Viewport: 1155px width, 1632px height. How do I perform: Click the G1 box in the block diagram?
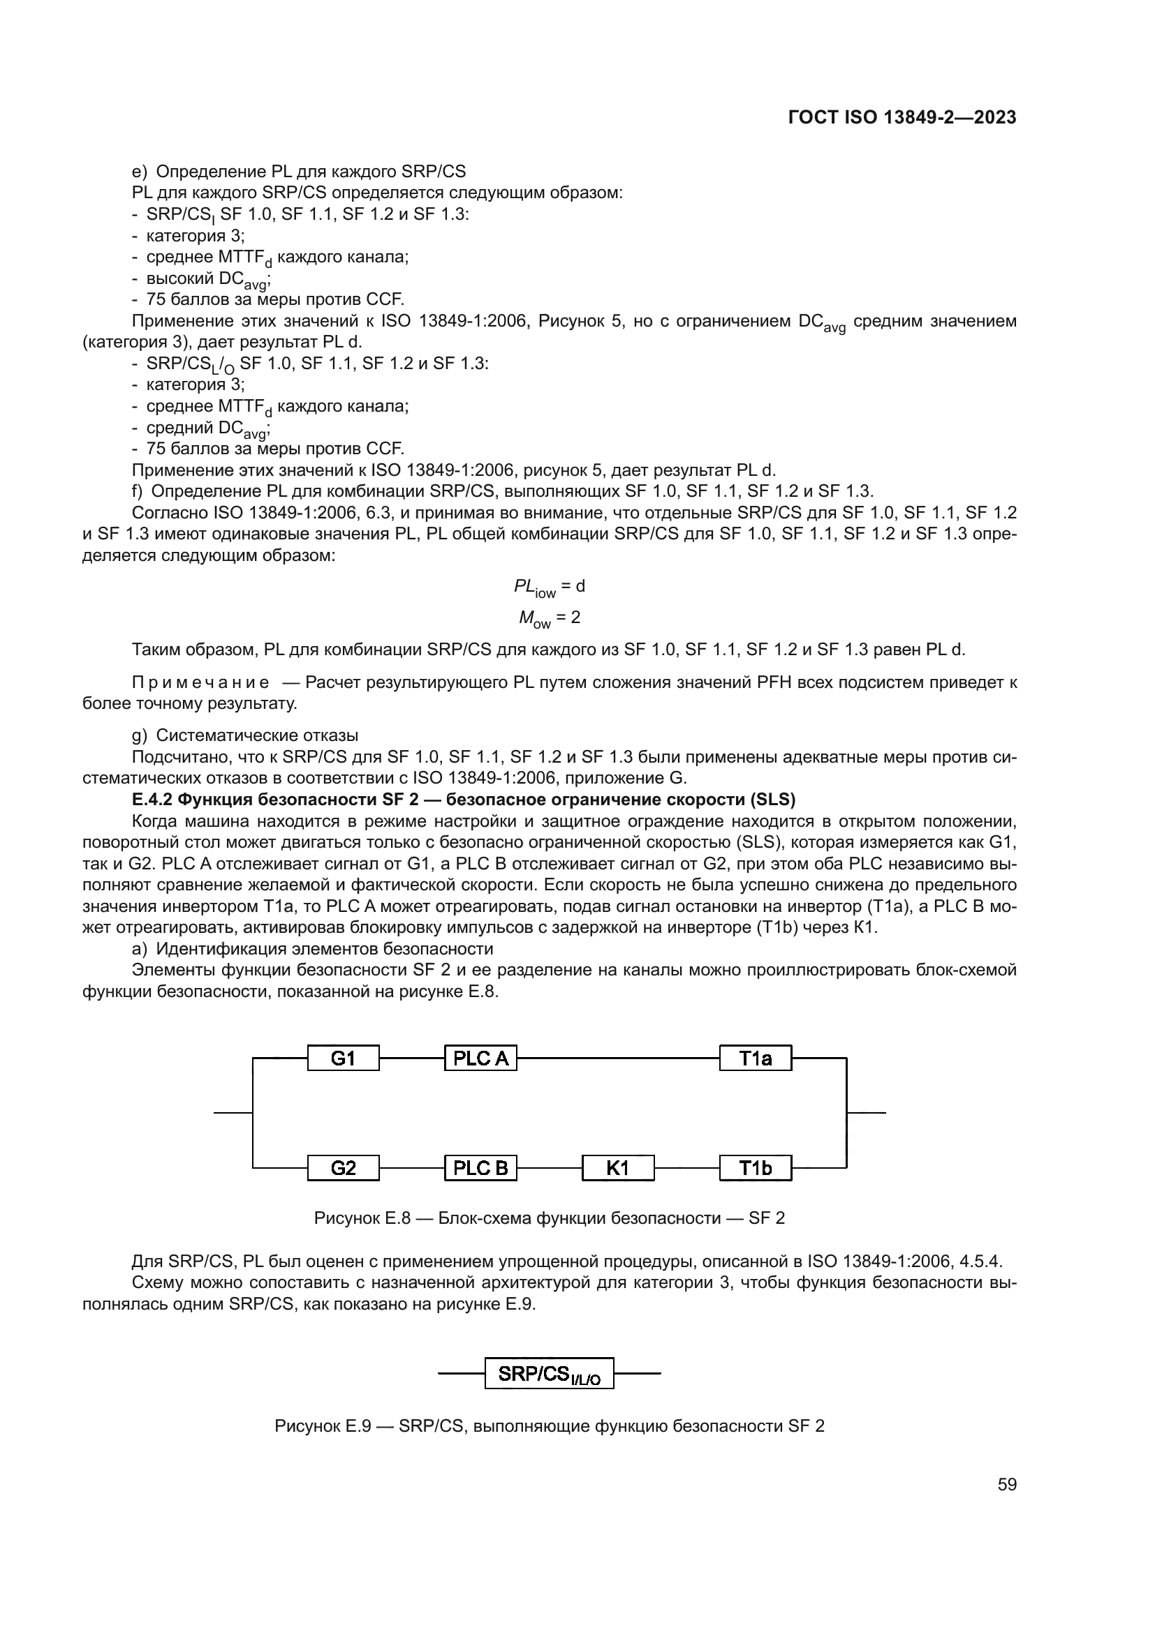click(x=343, y=1058)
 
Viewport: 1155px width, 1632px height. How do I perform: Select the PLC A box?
click(x=480, y=1058)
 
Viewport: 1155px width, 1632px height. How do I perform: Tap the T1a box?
click(x=755, y=1058)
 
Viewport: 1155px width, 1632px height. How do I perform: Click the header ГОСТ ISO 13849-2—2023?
click(x=902, y=118)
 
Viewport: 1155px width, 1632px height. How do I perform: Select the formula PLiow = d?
click(x=549, y=587)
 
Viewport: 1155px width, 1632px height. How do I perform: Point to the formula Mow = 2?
click(x=549, y=618)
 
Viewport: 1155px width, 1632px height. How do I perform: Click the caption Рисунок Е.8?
click(x=362, y=1218)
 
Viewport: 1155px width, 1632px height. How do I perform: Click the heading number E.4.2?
click(x=152, y=800)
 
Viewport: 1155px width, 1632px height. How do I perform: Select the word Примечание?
click(x=200, y=683)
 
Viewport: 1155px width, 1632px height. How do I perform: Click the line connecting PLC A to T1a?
click(x=617, y=1058)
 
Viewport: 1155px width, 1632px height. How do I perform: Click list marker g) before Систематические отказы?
click(x=140, y=735)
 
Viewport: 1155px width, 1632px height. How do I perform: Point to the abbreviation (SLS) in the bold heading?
click(x=772, y=800)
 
